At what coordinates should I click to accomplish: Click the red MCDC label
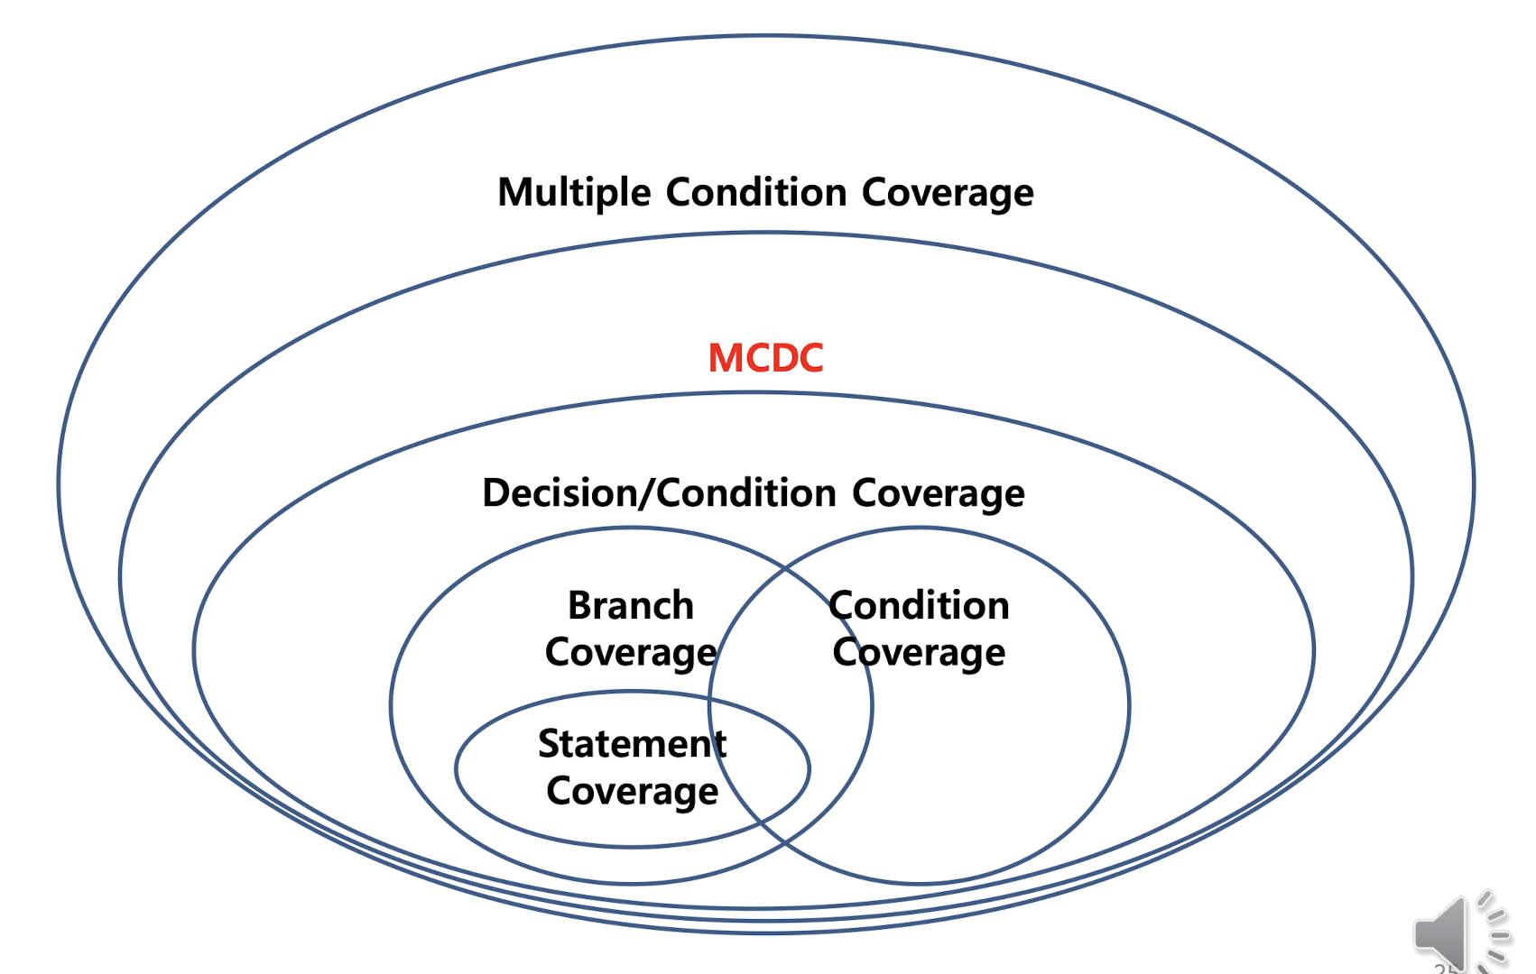(765, 358)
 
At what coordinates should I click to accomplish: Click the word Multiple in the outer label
(574, 193)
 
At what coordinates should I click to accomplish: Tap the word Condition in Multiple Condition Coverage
(756, 193)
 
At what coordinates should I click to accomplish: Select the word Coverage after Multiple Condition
(948, 193)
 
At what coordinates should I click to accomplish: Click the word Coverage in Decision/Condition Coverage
(938, 493)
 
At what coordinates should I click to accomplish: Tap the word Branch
(631, 605)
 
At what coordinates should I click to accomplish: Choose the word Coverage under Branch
(631, 652)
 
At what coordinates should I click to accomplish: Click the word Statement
(632, 744)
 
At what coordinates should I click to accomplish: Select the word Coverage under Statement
(632, 791)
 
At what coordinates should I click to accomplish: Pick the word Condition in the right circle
(919, 605)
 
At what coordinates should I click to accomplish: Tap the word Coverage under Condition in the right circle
(919, 652)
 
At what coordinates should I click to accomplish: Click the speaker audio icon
(1444, 934)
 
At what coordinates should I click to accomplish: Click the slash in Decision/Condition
(648, 493)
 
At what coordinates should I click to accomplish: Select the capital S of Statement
(550, 744)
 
